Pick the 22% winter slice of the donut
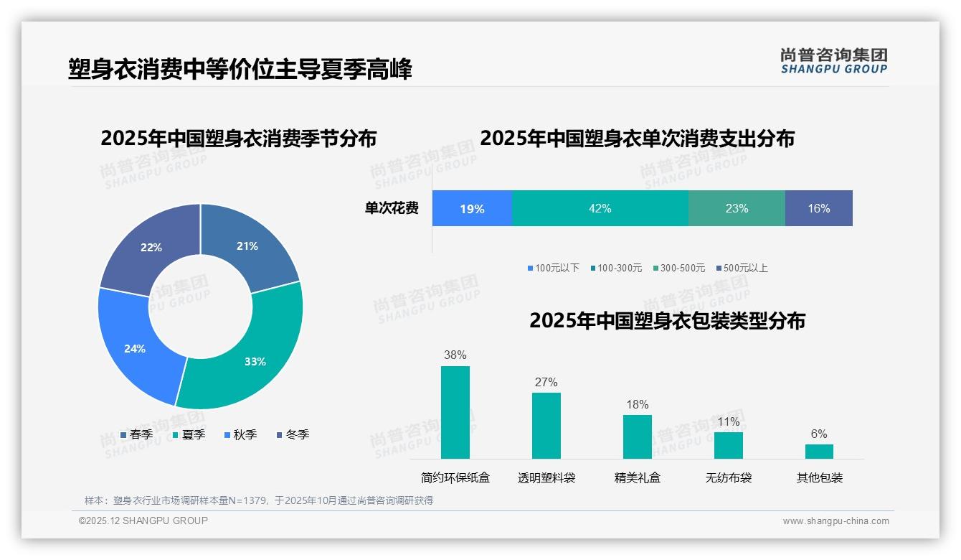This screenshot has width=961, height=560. coord(151,247)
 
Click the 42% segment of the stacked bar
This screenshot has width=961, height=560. coord(600,208)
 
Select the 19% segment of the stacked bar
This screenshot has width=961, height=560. coord(472,208)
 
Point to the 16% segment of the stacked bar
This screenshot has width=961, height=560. coord(818,208)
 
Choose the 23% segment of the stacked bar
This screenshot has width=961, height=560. coord(737,208)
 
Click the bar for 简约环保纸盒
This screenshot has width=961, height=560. coord(455,413)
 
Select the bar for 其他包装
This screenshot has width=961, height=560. coord(819,451)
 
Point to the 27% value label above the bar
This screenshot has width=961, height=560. coord(546,382)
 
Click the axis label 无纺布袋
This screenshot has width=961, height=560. coord(728,477)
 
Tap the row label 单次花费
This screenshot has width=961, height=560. coord(392,208)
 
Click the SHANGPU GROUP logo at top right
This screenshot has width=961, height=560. coord(833,60)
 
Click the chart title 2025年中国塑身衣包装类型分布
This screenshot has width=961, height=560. coord(667,320)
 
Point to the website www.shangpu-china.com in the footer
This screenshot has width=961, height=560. coord(835,521)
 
